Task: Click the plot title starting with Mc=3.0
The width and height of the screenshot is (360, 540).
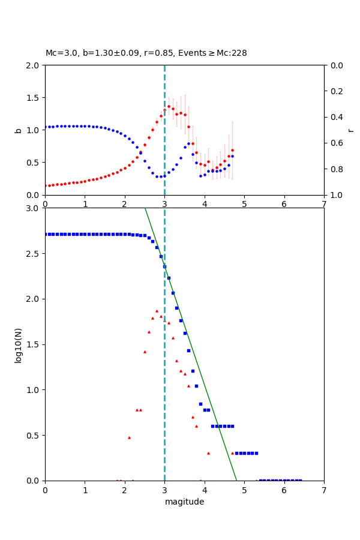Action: [x=146, y=53]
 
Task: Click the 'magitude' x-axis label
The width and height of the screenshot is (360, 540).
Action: [x=184, y=502]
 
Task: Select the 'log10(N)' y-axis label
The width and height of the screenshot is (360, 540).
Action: [x=19, y=344]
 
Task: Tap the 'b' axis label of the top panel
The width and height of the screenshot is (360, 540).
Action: [x=19, y=130]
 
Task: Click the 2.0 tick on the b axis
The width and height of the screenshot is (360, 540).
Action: [x=33, y=65]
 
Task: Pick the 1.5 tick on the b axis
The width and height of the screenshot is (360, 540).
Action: [x=33, y=97]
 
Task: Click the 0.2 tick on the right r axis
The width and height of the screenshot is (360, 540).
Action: [x=334, y=91]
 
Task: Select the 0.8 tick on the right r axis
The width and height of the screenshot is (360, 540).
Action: [x=334, y=169]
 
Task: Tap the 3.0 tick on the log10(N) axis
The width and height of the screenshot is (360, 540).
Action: [x=33, y=208]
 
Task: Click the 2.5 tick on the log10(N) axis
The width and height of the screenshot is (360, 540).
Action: [x=33, y=254]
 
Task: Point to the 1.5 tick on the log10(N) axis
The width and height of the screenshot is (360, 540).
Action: [x=33, y=344]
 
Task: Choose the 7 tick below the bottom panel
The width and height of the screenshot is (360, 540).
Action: [x=324, y=490]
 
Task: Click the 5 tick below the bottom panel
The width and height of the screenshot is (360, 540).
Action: [x=244, y=490]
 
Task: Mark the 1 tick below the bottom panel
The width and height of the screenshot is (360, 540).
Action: [x=85, y=490]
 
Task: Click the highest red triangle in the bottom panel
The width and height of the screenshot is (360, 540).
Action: [x=157, y=311]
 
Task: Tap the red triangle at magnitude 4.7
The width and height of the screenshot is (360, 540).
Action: [x=232, y=453]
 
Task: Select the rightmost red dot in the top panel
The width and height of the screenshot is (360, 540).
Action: [x=232, y=150]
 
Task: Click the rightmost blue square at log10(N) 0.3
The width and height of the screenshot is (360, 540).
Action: [x=256, y=453]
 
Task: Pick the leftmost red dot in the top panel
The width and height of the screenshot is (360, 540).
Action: [x=45, y=185]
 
